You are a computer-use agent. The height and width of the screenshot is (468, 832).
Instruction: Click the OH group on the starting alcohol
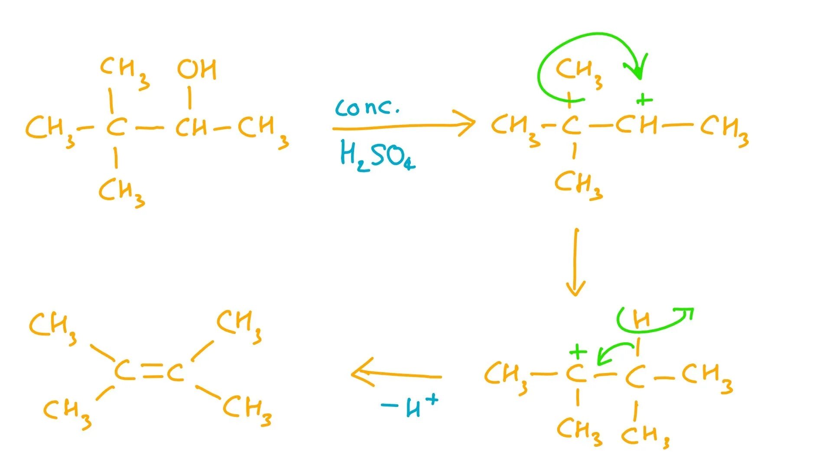[x=197, y=69]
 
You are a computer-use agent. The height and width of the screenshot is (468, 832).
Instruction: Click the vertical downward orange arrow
[x=575, y=262]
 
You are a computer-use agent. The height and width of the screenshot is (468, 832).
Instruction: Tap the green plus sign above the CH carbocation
[x=644, y=100]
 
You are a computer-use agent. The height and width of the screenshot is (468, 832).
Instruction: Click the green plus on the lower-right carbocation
[x=578, y=351]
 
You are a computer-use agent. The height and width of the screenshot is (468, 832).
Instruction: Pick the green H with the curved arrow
[x=641, y=320]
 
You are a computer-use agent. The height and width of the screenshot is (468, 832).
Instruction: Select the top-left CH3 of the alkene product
[x=52, y=328]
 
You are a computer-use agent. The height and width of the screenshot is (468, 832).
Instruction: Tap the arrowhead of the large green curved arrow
[x=638, y=71]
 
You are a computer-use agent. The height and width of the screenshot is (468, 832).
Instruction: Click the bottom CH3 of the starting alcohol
[x=121, y=192]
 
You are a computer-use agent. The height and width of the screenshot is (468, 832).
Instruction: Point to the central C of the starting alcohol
[x=116, y=127]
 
